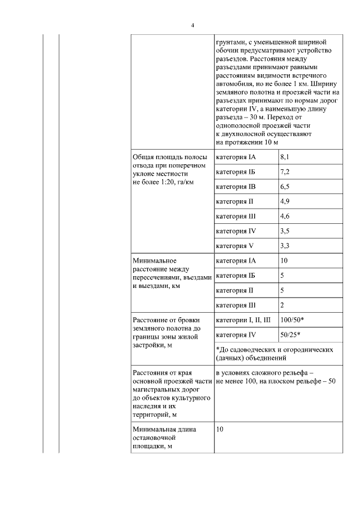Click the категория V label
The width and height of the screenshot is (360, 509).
235,246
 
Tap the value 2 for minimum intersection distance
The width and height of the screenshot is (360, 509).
282,305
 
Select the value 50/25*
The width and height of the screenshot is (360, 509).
290,335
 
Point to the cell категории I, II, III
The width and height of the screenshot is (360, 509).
244,320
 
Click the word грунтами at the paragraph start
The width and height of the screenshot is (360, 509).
232,42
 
